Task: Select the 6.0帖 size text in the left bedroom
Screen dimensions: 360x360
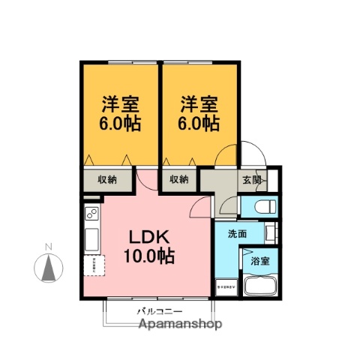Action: click(120, 122)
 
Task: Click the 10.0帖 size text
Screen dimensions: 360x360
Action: click(149, 256)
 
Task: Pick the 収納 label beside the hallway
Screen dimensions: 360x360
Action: click(178, 179)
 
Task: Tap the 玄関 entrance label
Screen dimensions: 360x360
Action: click(253, 180)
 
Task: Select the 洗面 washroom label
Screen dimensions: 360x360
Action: click(238, 234)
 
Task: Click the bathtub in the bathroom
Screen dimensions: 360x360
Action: click(260, 288)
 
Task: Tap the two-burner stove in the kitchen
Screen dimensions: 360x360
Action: click(92, 216)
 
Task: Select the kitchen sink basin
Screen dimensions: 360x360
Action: click(92, 241)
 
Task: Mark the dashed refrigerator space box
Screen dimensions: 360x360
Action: click(92, 265)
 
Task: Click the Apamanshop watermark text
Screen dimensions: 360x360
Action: click(180, 325)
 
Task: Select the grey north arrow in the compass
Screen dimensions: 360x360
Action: click(48, 267)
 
